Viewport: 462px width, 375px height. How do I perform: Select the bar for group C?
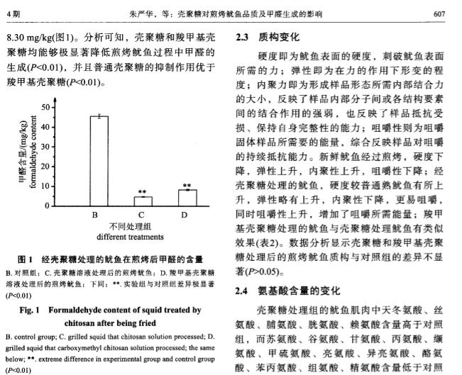pyautogui.click(x=143, y=201)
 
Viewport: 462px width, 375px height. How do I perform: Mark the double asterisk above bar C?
pyautogui.click(x=143, y=192)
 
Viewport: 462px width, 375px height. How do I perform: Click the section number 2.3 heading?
pyautogui.click(x=244, y=35)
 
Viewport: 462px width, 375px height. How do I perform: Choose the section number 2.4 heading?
pyautogui.click(x=244, y=291)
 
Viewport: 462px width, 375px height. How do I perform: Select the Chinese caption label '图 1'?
pyautogui.click(x=16, y=260)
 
